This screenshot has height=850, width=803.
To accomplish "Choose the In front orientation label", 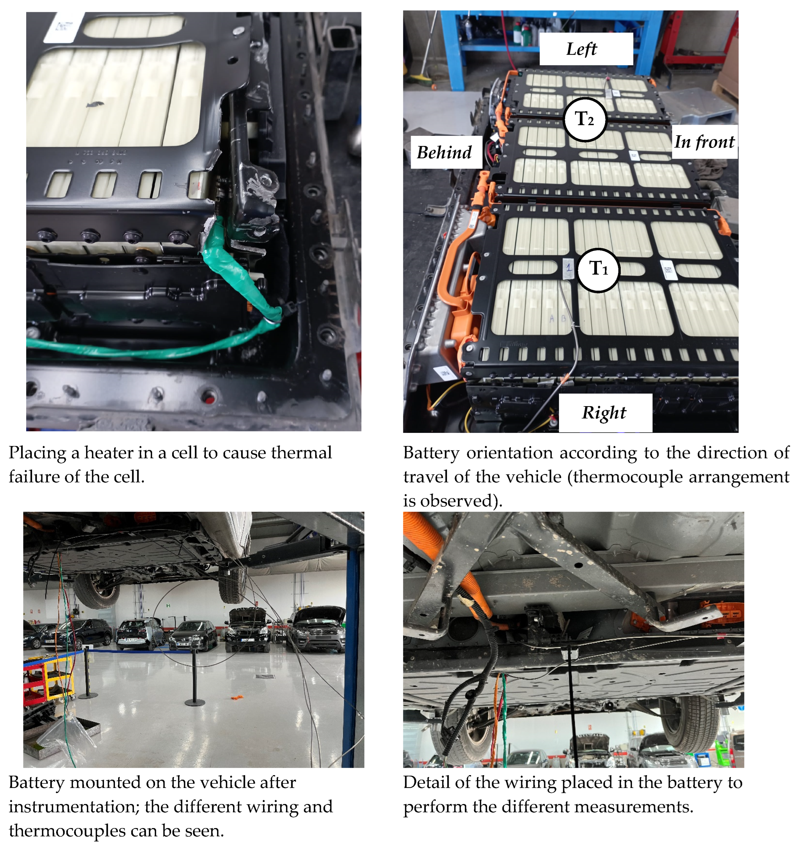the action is [x=704, y=142].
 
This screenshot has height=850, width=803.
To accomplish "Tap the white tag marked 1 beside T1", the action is [x=568, y=269].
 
